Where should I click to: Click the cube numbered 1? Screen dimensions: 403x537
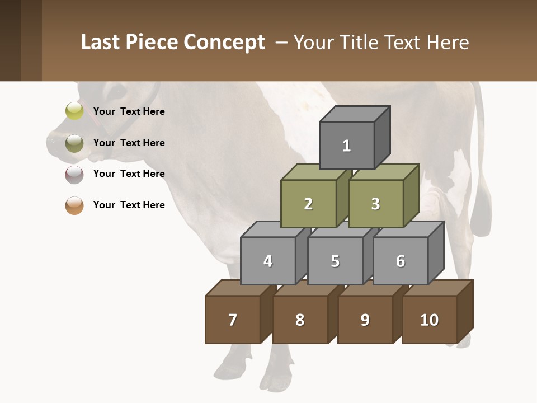tap(347, 146)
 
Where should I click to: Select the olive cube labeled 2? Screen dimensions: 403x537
tap(308, 204)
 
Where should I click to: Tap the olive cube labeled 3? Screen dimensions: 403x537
tap(375, 204)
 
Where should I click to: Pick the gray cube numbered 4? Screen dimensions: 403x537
tap(268, 261)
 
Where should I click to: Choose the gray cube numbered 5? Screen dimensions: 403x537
tap(335, 261)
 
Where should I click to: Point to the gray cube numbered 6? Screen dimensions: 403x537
tap(401, 261)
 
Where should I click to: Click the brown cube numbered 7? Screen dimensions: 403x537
tap(233, 320)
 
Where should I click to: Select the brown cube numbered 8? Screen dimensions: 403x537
tap(300, 320)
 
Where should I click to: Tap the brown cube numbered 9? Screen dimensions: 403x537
tap(365, 320)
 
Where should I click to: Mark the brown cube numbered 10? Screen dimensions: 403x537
tap(430, 320)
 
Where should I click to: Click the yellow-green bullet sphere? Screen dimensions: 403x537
tap(74, 111)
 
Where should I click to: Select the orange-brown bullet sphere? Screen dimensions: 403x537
tap(74, 205)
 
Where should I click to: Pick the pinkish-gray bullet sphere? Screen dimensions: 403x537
tap(74, 174)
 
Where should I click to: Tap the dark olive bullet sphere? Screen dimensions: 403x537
tap(74, 143)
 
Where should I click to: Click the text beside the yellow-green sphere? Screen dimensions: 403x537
tap(129, 111)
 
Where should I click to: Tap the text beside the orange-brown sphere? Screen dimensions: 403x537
tap(129, 205)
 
